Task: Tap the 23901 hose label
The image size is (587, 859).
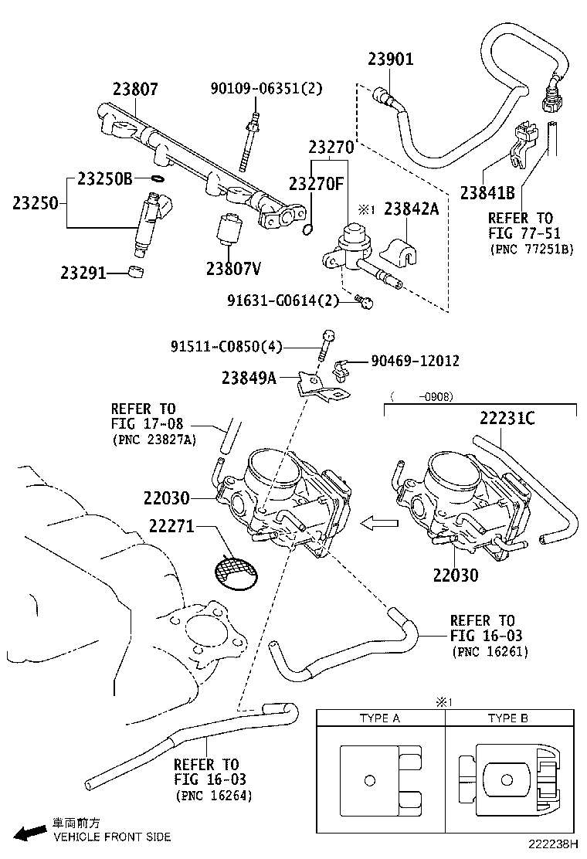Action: pos(390,59)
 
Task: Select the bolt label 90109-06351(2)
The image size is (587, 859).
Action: pos(266,89)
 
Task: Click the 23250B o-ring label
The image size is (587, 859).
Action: pos(105,179)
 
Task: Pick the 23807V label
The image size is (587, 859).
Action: pos(233,268)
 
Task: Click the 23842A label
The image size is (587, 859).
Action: pos(412,208)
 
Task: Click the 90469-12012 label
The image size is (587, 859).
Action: pos(415,360)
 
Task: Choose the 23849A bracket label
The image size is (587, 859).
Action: pos(249,378)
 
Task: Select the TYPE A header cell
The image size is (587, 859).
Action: pos(380,718)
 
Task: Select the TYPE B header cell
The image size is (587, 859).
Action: pos(507,718)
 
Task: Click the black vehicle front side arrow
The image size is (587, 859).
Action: pos(29,832)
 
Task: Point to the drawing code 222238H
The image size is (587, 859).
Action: pos(555,847)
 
